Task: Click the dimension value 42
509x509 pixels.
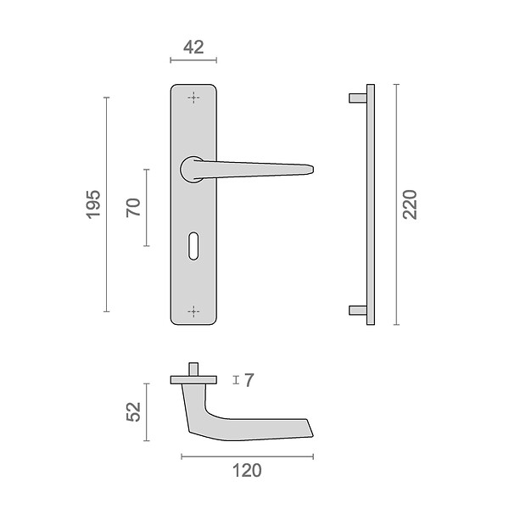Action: tap(193, 48)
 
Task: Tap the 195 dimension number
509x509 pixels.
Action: tap(93, 204)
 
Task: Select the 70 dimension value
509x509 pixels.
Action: tap(133, 208)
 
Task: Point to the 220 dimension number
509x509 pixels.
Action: tap(410, 204)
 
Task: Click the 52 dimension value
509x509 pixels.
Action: tap(133, 412)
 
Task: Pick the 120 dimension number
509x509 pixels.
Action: tap(247, 471)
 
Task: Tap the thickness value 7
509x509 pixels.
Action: tap(249, 380)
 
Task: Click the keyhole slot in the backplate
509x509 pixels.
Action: tap(193, 246)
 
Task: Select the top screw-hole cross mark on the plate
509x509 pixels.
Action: tap(193, 98)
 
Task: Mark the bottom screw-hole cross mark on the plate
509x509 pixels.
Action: tap(193, 311)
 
